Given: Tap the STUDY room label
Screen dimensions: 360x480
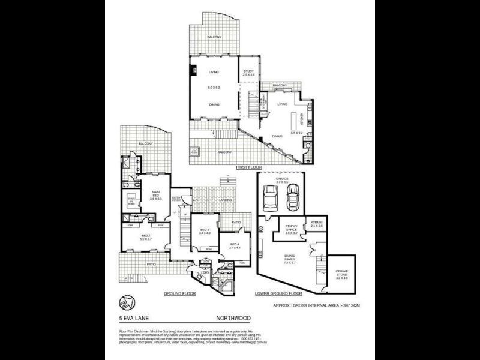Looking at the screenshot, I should (248, 73).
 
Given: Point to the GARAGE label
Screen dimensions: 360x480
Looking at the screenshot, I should (283, 178).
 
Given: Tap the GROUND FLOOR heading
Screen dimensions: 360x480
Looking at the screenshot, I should (181, 294).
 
